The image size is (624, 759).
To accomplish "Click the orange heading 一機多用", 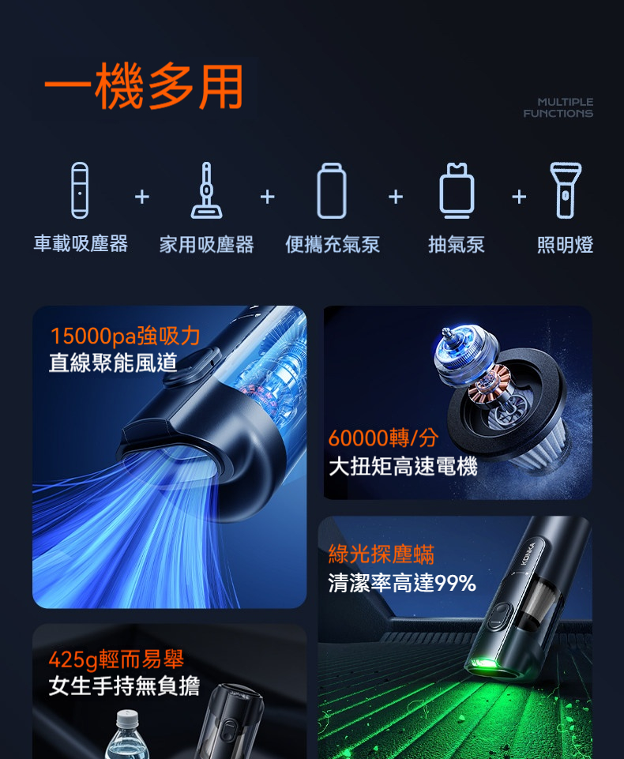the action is click(x=143, y=87).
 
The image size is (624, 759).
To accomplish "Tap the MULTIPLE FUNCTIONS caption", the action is click(x=558, y=107).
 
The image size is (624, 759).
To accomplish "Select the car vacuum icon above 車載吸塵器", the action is click(x=80, y=190).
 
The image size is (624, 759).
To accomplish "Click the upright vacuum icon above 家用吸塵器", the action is click(x=207, y=190).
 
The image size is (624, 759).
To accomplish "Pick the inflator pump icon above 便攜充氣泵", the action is click(x=332, y=190).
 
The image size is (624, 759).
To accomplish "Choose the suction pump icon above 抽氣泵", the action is click(x=457, y=190).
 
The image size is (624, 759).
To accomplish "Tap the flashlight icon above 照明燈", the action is click(x=566, y=190).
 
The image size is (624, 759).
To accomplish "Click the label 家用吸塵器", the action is click(x=207, y=245).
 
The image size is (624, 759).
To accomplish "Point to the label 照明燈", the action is click(x=565, y=245).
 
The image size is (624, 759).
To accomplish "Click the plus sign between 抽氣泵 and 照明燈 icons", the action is click(x=519, y=197).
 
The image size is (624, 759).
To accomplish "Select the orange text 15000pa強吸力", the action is click(x=125, y=336).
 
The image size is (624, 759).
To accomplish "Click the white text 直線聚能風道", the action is click(x=113, y=363).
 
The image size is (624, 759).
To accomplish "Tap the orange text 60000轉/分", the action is click(x=383, y=438).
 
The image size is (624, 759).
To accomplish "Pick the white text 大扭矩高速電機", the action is click(x=404, y=467).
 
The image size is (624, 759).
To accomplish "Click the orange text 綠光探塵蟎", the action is click(x=382, y=554).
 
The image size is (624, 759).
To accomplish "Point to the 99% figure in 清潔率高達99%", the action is click(x=456, y=584).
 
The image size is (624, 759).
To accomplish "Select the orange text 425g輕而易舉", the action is click(x=116, y=659).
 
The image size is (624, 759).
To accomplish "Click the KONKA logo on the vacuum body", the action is click(x=528, y=554).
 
